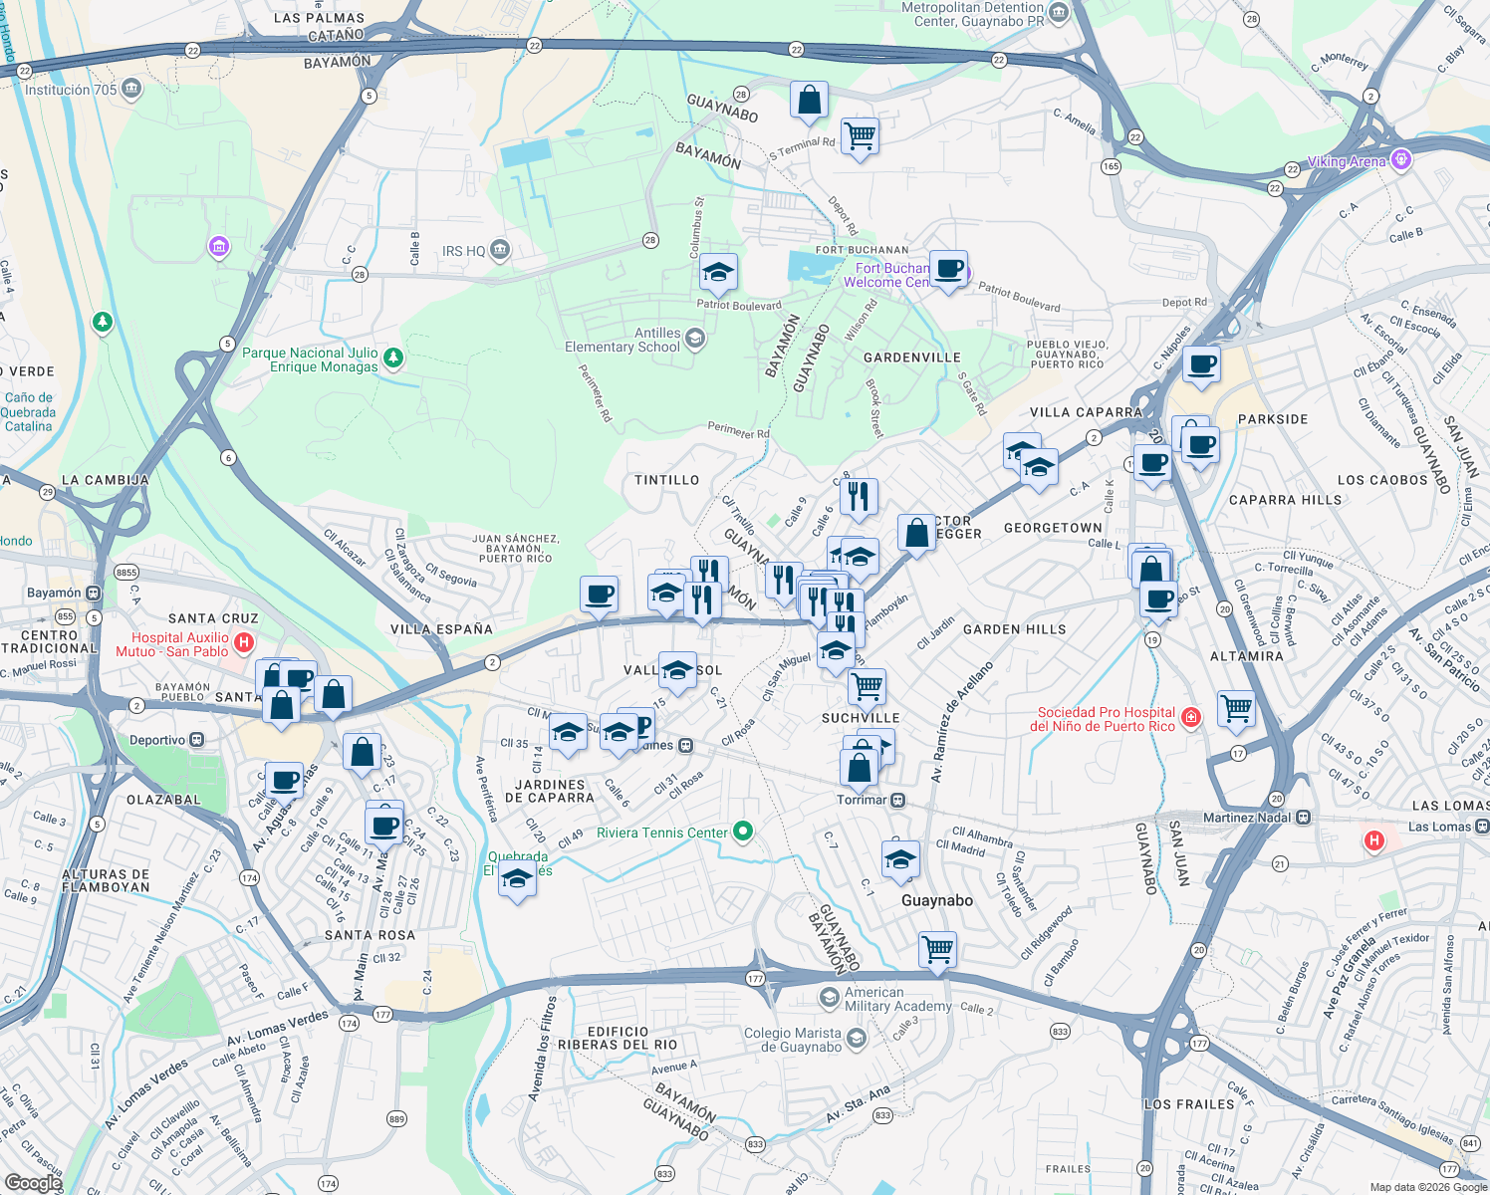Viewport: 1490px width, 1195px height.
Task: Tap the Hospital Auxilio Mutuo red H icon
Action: point(244,644)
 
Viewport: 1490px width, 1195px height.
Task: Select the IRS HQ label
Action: point(463,251)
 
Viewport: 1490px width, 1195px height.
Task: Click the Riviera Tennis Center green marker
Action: point(742,832)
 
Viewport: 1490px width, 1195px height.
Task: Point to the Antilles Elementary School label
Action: point(622,341)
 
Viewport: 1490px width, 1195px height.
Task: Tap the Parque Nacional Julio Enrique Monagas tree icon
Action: point(393,357)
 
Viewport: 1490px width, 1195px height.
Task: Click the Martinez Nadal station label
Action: point(1246,818)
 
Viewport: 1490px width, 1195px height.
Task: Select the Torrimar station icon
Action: point(898,800)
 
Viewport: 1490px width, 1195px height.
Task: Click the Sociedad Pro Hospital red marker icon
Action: point(1190,717)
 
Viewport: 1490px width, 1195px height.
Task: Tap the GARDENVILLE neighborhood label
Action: point(911,358)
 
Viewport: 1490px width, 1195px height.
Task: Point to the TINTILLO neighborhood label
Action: point(666,480)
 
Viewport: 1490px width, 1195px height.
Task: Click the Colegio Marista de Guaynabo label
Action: point(793,1040)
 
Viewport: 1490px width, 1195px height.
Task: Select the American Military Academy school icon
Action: point(829,997)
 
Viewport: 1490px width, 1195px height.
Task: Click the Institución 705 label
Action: point(71,90)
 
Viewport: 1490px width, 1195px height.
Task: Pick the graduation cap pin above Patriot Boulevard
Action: point(717,271)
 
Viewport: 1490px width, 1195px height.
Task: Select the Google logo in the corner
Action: point(33,1182)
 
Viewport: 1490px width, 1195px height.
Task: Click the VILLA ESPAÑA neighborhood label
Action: point(441,629)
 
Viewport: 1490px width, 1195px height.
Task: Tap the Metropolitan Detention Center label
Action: point(972,14)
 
